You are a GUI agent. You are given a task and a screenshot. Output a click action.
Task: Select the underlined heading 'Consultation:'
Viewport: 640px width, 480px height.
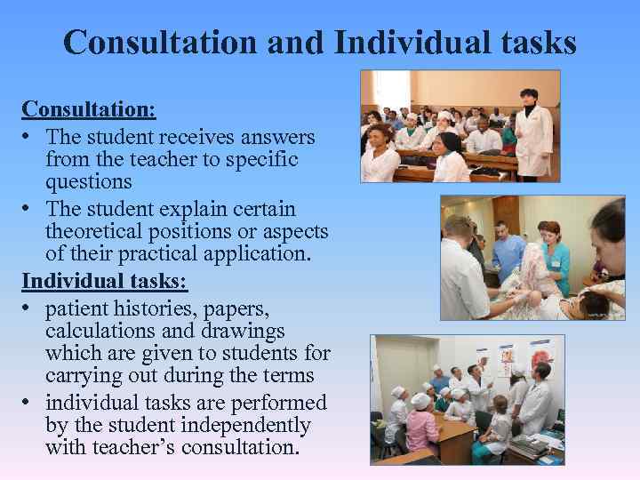89,109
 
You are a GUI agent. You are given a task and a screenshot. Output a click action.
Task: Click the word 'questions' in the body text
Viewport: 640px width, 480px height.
88,182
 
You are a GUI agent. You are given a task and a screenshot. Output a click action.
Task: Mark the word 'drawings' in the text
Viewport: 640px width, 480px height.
244,332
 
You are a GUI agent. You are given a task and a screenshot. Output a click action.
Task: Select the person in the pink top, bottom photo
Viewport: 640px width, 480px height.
421,427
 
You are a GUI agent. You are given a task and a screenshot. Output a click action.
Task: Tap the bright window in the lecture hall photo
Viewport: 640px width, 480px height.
391,89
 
